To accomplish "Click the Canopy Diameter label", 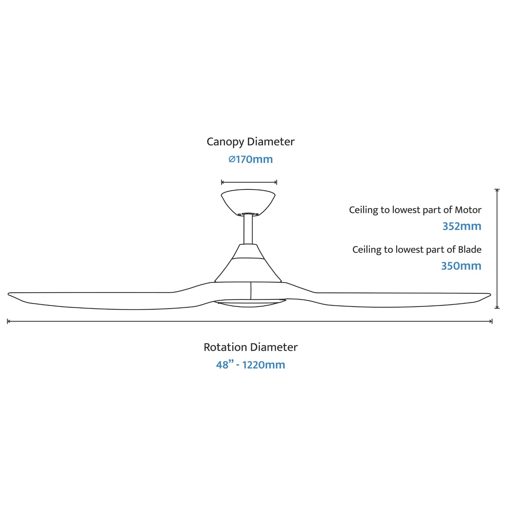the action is click(x=251, y=142).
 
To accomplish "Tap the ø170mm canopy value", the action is click(x=251, y=159).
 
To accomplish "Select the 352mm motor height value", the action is click(x=462, y=226).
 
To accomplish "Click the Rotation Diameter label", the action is click(x=251, y=347).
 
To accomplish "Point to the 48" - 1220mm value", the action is click(x=251, y=365).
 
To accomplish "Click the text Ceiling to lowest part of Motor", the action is click(x=415, y=210).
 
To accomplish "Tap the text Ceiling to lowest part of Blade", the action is click(x=417, y=250).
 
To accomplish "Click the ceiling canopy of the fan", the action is click(x=248, y=202).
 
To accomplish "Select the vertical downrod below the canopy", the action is click(x=248, y=229).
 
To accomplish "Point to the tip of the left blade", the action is click(x=8, y=294).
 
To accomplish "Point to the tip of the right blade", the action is click(x=490, y=294).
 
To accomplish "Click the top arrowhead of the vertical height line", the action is click(x=497, y=189).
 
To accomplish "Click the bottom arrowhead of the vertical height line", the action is click(x=497, y=308).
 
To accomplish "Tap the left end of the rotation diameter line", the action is click(x=8, y=321).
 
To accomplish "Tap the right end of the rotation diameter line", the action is click(x=492, y=321).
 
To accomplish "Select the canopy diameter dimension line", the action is click(x=249, y=182).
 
